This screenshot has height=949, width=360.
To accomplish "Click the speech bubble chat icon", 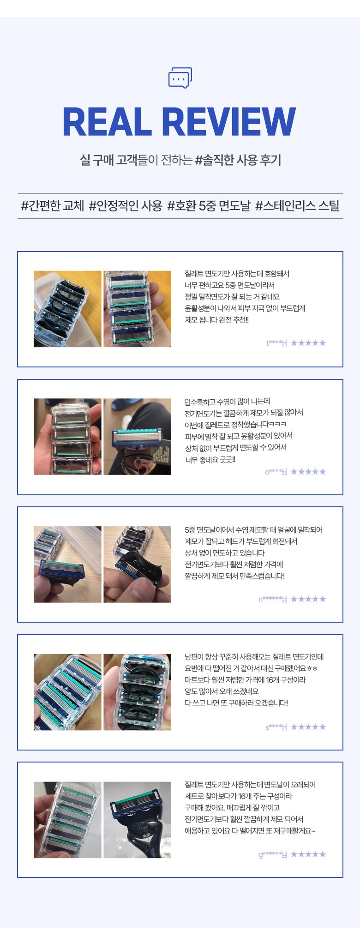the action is click(x=180, y=78).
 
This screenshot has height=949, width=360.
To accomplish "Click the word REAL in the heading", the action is click(x=108, y=122).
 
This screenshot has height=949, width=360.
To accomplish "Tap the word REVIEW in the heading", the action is click(x=229, y=122).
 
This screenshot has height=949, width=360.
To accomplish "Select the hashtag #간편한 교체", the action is click(x=52, y=206).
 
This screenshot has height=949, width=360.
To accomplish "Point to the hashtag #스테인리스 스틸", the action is click(x=297, y=206).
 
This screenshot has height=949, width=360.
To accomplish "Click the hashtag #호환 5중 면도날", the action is click(x=209, y=206).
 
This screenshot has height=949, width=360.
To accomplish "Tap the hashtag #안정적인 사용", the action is click(x=126, y=206).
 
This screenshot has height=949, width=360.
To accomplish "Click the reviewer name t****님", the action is click(x=276, y=343).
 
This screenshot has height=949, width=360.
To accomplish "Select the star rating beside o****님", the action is click(x=308, y=472).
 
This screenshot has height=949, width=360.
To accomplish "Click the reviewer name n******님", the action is click(x=273, y=599).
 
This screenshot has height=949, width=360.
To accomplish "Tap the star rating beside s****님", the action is click(x=308, y=727).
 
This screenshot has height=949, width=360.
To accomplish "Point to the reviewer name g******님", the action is click(x=273, y=854).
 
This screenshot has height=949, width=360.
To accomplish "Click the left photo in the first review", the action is click(x=67, y=309).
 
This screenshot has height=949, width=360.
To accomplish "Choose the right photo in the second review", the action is click(x=137, y=437).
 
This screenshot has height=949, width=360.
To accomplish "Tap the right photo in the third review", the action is click(x=137, y=564).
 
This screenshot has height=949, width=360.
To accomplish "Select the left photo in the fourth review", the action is click(x=67, y=692).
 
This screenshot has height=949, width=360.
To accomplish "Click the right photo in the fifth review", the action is click(x=137, y=820).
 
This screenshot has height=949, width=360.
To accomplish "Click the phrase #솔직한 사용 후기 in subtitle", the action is click(x=238, y=160).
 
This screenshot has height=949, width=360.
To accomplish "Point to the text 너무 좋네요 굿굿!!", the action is click(x=210, y=460).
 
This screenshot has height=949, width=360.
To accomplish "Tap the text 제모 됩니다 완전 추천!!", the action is click(x=216, y=320).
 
